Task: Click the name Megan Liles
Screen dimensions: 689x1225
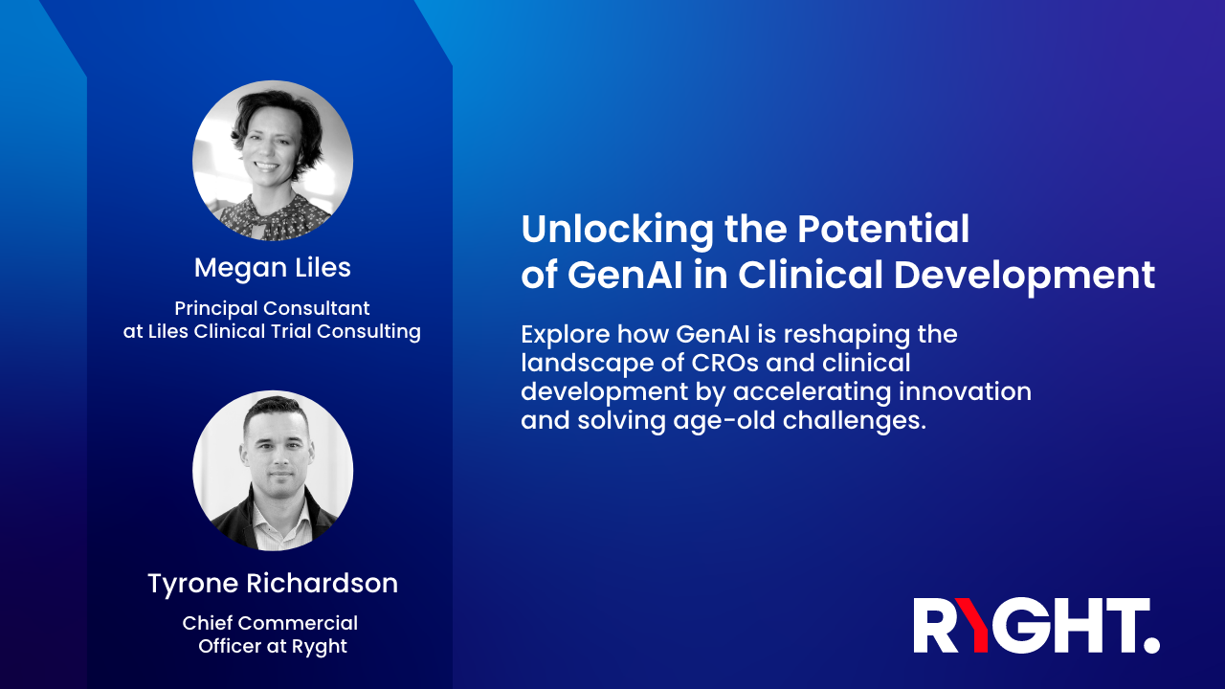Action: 273,268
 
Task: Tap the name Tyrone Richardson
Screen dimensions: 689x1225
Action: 273,583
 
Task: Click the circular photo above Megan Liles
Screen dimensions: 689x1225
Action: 273,161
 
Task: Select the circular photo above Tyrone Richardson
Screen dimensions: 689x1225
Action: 273,471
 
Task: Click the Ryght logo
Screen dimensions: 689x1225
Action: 1036,626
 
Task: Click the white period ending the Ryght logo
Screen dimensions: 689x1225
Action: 1151,645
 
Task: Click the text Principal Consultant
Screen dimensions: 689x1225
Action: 272,309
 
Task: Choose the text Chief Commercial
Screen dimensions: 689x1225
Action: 270,623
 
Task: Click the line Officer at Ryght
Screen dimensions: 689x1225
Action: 273,647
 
